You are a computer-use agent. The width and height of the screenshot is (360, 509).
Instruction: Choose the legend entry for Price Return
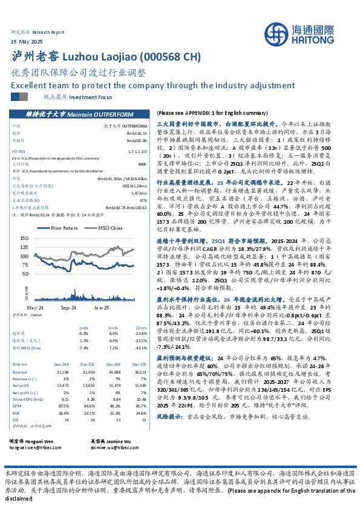point(65,228)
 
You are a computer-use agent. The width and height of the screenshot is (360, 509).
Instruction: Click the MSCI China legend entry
point(108,228)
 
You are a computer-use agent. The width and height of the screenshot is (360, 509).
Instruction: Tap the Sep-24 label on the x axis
point(67,307)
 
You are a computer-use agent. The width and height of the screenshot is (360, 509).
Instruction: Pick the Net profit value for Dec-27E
point(140,368)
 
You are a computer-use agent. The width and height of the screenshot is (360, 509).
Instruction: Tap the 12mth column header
point(141,327)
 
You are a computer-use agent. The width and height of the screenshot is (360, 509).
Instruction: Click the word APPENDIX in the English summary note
point(206,113)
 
